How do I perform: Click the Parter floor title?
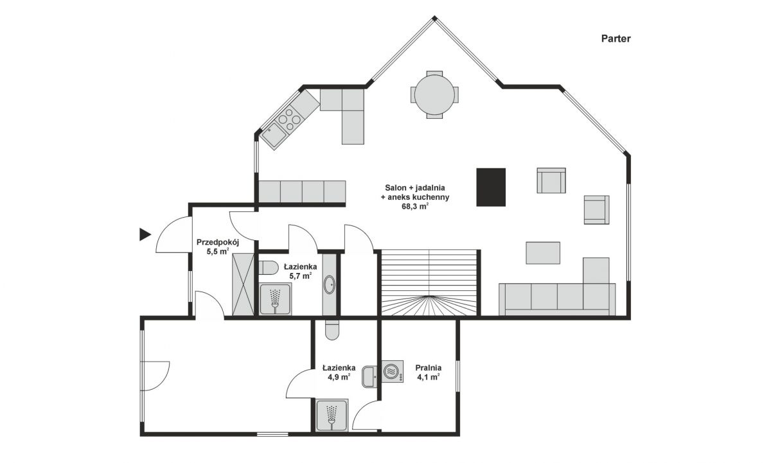coord(616,39)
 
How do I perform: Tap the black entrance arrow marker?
coord(145,234)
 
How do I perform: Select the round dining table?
coord(434,94)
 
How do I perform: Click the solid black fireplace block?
coord(491,187)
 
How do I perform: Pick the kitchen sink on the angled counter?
coord(274,135)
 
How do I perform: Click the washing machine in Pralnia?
coord(393,372)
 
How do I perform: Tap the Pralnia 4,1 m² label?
coord(428,372)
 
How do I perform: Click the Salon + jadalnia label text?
coord(415,188)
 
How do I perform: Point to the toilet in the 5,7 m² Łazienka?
coord(269,268)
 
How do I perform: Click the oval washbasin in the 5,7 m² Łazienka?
coord(330,284)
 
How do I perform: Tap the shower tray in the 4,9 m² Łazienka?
coord(332,415)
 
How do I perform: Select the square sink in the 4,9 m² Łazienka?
coord(370,377)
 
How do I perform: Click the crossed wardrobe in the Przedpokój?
coord(243,284)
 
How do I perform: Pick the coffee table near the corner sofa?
coord(543,253)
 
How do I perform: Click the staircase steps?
coord(429,283)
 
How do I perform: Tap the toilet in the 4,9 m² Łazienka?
coord(332,330)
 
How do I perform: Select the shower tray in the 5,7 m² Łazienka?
coord(275,299)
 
